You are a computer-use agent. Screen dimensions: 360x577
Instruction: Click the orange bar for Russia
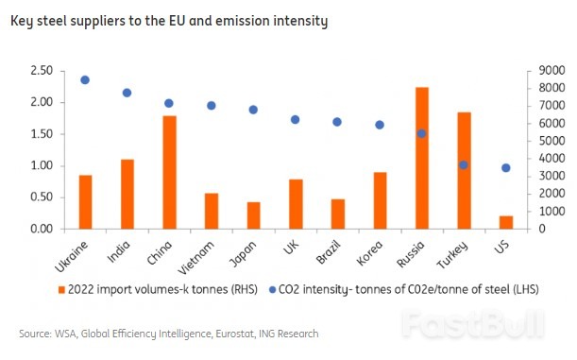422,158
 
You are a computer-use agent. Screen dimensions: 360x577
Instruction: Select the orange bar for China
170,172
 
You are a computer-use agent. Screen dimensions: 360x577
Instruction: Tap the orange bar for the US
506,222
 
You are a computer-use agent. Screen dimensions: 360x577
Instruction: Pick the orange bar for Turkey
464,170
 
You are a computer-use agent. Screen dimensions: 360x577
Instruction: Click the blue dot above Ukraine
85,80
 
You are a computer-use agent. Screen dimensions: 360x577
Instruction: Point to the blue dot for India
127,93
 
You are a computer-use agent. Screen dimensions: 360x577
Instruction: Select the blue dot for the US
506,168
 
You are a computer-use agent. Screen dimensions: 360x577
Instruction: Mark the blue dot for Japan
253,110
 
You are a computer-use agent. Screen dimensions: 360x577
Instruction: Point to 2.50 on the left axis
42,71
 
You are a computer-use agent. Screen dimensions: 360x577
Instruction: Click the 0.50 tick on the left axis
42,197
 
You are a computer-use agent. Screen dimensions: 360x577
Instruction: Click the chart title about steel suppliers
168,21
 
